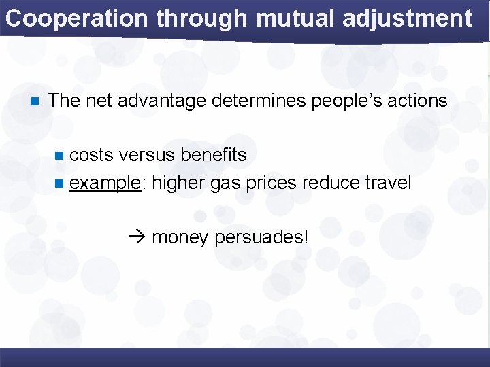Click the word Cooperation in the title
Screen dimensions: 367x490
click(76, 18)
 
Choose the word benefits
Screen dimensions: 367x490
click(213, 155)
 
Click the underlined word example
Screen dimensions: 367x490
click(105, 183)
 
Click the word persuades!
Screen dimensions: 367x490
click(261, 237)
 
